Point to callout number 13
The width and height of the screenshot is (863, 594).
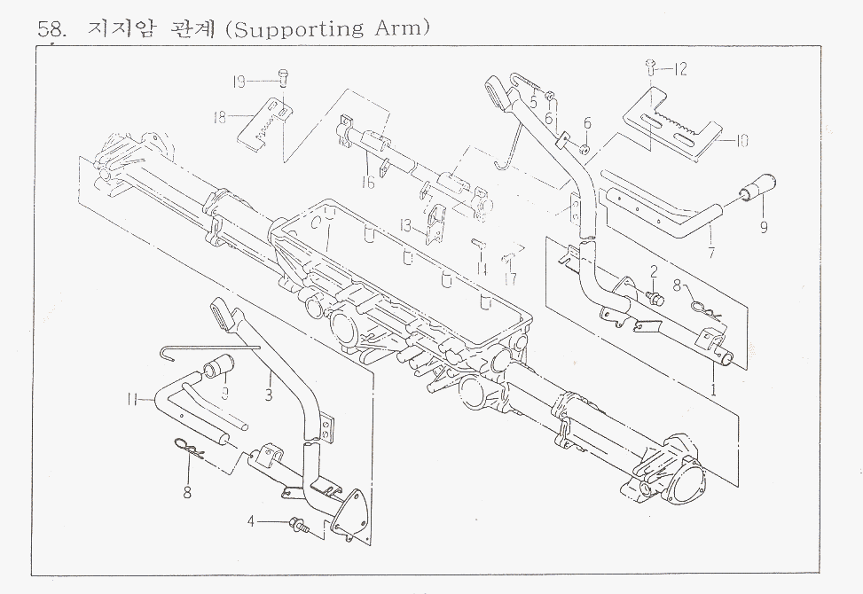pos(405,226)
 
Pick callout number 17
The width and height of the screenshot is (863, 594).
pos(510,277)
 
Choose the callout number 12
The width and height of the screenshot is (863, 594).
pos(680,68)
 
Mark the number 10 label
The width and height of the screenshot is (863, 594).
pos(742,140)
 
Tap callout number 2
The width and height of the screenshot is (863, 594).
pos(653,270)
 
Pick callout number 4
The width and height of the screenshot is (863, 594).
pos(251,521)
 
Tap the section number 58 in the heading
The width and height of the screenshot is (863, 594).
pos(51,29)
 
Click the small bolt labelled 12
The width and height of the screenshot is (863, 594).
pos(649,65)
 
